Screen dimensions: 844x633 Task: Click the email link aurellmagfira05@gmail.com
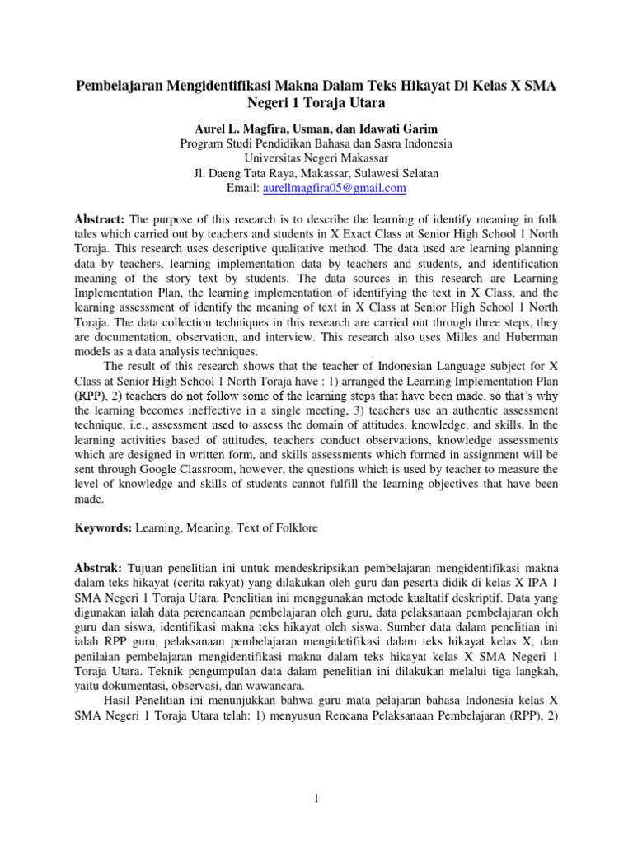point(334,188)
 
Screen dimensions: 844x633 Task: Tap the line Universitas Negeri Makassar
point(316,158)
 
